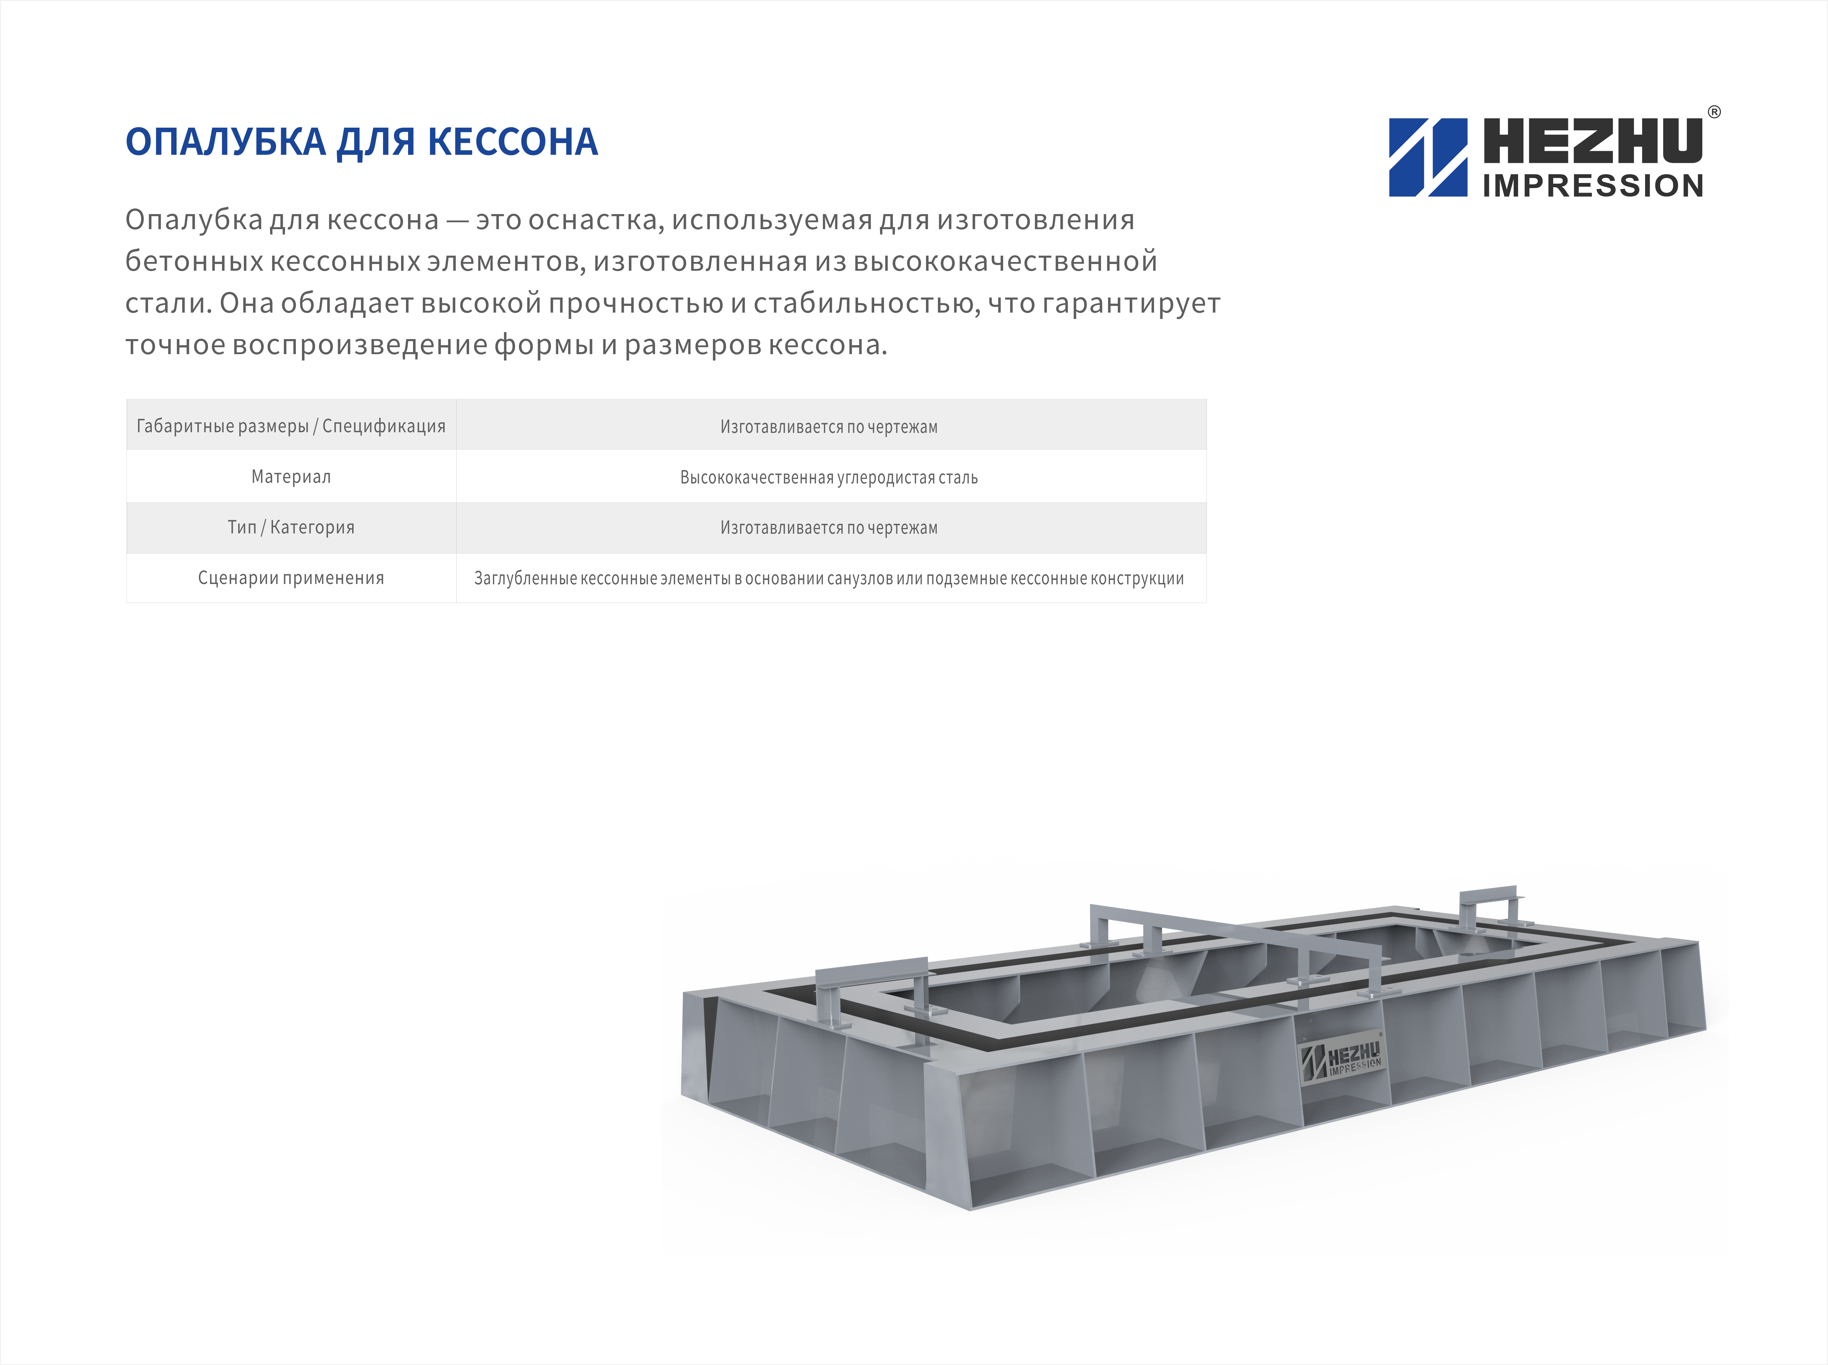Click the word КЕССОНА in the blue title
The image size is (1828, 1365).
(x=512, y=142)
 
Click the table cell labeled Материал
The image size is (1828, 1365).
(x=291, y=477)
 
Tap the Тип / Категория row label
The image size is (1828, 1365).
(x=291, y=527)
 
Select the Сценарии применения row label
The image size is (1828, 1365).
(x=291, y=578)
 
